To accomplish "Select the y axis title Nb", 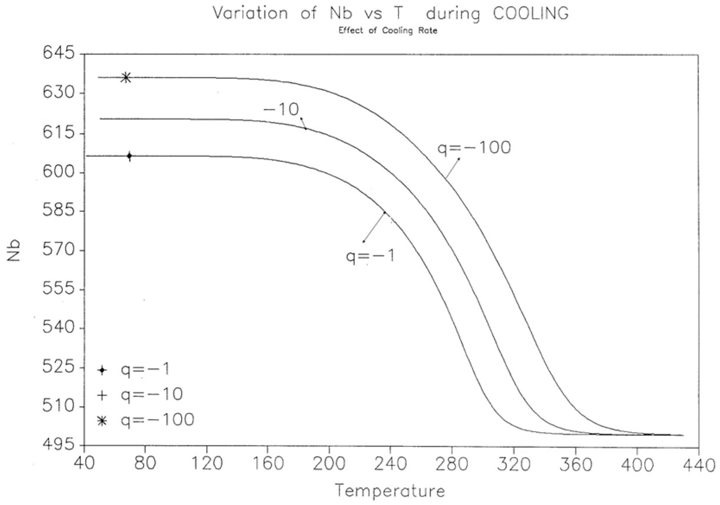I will (14, 251).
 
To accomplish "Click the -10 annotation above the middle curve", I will (281, 110).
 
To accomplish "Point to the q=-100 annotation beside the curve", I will (474, 148).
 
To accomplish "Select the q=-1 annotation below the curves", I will (370, 256).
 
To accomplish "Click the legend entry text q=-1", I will (145, 369).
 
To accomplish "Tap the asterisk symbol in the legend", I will (102, 421).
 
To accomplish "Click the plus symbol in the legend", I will (102, 395).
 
